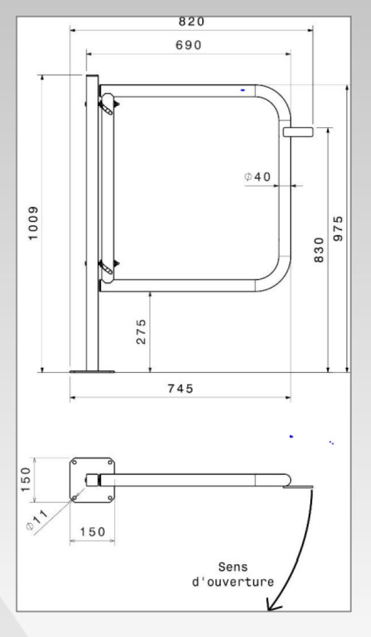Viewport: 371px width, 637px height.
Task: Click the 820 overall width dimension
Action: tap(191, 22)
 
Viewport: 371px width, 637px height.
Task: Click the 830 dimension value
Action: tap(319, 249)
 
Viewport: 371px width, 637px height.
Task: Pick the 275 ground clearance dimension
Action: tap(141, 332)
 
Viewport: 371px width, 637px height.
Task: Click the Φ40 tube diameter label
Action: tap(257, 177)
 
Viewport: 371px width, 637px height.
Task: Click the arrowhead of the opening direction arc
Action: tap(271, 606)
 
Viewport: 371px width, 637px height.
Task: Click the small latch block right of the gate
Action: tap(298, 131)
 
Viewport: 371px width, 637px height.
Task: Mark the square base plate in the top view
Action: tap(92, 480)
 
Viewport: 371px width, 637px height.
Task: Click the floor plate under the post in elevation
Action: tap(92, 372)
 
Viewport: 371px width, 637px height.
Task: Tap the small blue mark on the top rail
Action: tap(243, 90)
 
